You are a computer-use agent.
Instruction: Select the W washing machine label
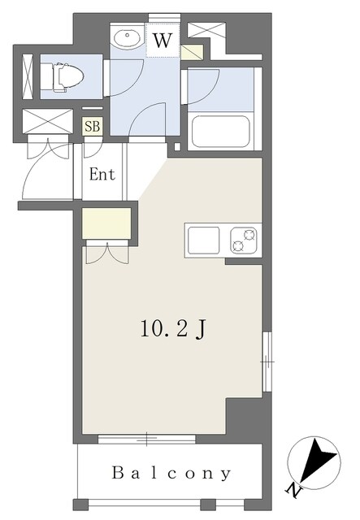click(163, 41)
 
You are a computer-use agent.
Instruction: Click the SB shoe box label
click(93, 127)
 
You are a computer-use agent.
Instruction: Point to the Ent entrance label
click(102, 174)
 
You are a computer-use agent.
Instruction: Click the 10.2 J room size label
click(174, 329)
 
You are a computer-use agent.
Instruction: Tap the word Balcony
click(171, 473)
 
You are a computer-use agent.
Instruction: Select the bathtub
click(221, 132)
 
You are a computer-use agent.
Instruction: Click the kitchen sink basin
click(204, 240)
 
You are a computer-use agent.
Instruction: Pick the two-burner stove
click(244, 240)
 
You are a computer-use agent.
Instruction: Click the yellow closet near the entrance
click(106, 223)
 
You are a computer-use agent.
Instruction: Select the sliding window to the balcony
click(146, 439)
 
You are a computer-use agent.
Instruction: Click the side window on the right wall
click(267, 362)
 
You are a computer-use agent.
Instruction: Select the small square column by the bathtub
click(177, 146)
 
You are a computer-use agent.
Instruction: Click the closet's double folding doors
click(107, 253)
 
